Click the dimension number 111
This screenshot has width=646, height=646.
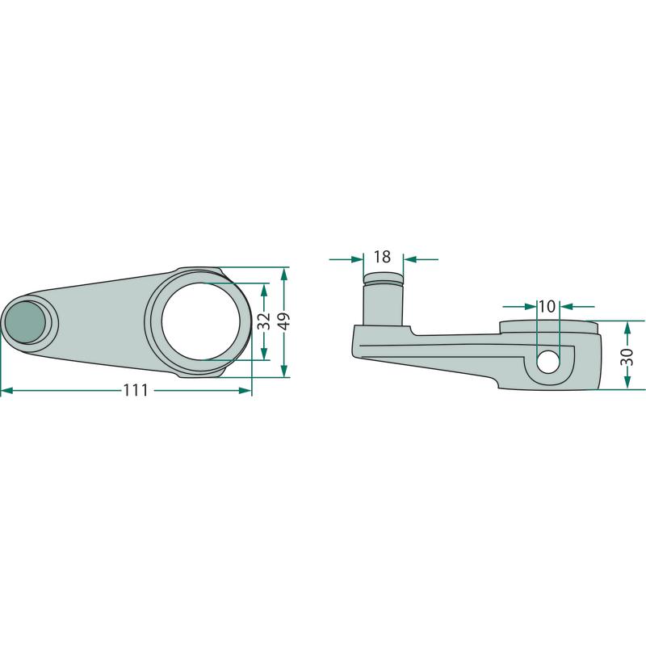(x=136, y=390)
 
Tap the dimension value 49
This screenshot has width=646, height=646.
(x=284, y=321)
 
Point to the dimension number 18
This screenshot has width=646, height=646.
(x=382, y=257)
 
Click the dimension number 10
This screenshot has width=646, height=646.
(x=547, y=307)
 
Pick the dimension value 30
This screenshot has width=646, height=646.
(x=627, y=356)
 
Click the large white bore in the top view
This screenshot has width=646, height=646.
(x=201, y=321)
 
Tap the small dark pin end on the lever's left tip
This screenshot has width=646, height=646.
(x=26, y=321)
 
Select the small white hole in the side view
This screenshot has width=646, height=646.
(x=548, y=363)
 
